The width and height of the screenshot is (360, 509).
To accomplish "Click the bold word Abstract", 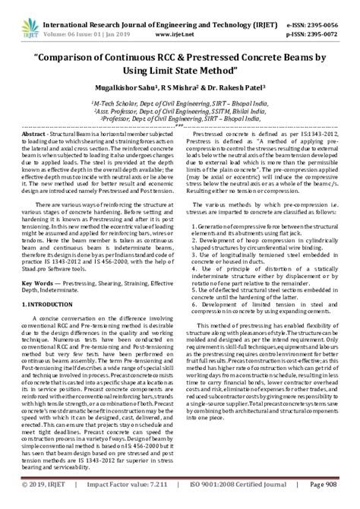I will click(40, 134).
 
